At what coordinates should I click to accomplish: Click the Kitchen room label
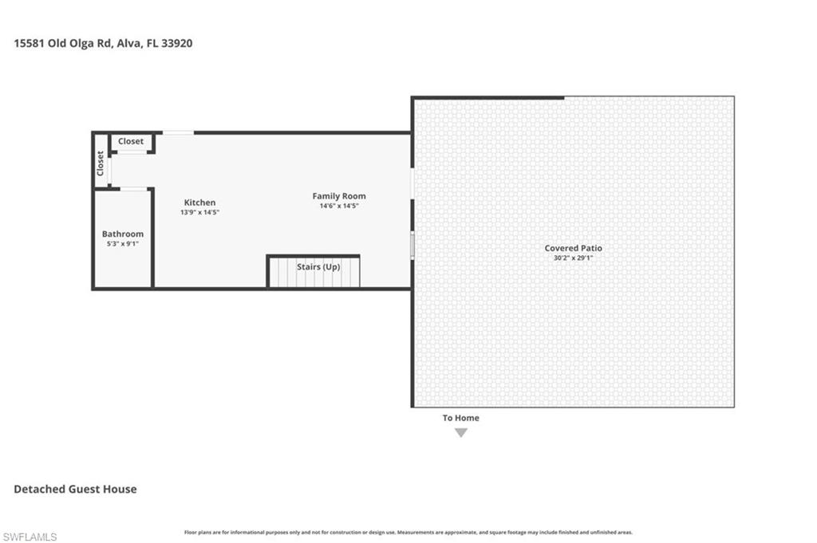click(199, 203)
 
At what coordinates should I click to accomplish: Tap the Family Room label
click(339, 196)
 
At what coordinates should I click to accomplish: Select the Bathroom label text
click(123, 234)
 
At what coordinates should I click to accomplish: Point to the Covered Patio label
click(573, 248)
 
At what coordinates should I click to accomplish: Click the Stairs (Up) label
click(318, 266)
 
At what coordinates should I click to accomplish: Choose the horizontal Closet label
click(131, 141)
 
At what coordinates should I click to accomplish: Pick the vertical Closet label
click(101, 163)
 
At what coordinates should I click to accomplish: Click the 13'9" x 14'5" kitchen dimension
click(200, 212)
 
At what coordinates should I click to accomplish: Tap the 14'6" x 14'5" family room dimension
click(339, 206)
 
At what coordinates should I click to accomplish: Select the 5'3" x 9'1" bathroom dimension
click(123, 243)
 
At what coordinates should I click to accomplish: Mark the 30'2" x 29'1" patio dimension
click(573, 258)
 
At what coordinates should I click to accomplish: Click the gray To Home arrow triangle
click(460, 433)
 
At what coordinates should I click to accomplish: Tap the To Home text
click(460, 418)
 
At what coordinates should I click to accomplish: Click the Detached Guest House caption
click(75, 489)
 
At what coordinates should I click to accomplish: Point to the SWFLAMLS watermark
click(30, 537)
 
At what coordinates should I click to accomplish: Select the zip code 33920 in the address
click(176, 43)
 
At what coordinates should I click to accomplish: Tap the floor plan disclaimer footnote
click(408, 532)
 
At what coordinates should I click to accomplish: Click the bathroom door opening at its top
click(134, 189)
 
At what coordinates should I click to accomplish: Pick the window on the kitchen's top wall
click(178, 132)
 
